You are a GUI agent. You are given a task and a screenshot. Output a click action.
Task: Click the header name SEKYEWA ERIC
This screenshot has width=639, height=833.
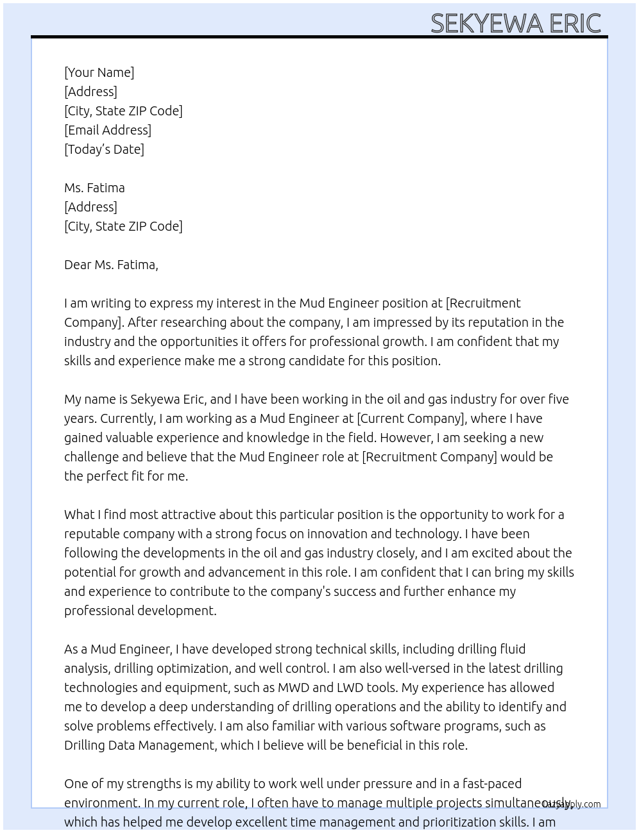[515, 23]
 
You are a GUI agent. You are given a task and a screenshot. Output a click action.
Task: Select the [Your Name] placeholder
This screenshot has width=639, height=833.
[99, 72]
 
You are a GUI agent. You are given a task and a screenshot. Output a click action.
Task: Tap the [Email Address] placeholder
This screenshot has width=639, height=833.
[108, 130]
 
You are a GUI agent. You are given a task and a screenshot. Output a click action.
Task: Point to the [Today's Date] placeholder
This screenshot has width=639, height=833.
[104, 149]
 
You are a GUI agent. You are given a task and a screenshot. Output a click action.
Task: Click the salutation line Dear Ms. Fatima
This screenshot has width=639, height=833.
[111, 265]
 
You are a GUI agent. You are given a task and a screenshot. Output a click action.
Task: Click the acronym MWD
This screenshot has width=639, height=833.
[293, 688]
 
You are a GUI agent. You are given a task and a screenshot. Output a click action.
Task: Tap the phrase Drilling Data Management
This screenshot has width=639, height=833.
[139, 745]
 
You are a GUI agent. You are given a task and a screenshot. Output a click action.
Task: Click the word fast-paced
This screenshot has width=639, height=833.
[492, 784]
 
